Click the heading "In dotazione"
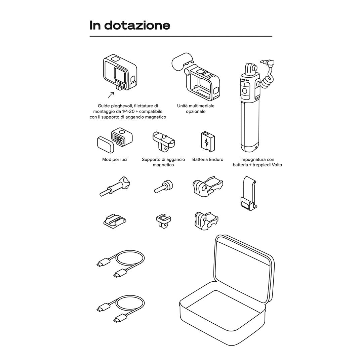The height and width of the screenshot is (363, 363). pyautogui.click(x=130, y=25)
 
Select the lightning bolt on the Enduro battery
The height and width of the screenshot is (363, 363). pyautogui.click(x=206, y=142)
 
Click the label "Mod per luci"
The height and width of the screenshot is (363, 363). pyautogui.click(x=115, y=159)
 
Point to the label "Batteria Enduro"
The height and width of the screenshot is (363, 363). pyautogui.click(x=207, y=159)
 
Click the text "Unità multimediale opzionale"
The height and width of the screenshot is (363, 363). pyautogui.click(x=196, y=109)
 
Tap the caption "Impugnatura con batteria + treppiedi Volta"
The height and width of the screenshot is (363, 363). pyautogui.click(x=257, y=162)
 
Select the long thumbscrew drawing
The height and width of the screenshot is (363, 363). pyautogui.click(x=115, y=187)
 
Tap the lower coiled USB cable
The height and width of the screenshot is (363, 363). pyautogui.click(x=121, y=309)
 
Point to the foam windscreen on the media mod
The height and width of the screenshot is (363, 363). pyautogui.click(x=181, y=62)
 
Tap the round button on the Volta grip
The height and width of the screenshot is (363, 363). pyautogui.click(x=245, y=91)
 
